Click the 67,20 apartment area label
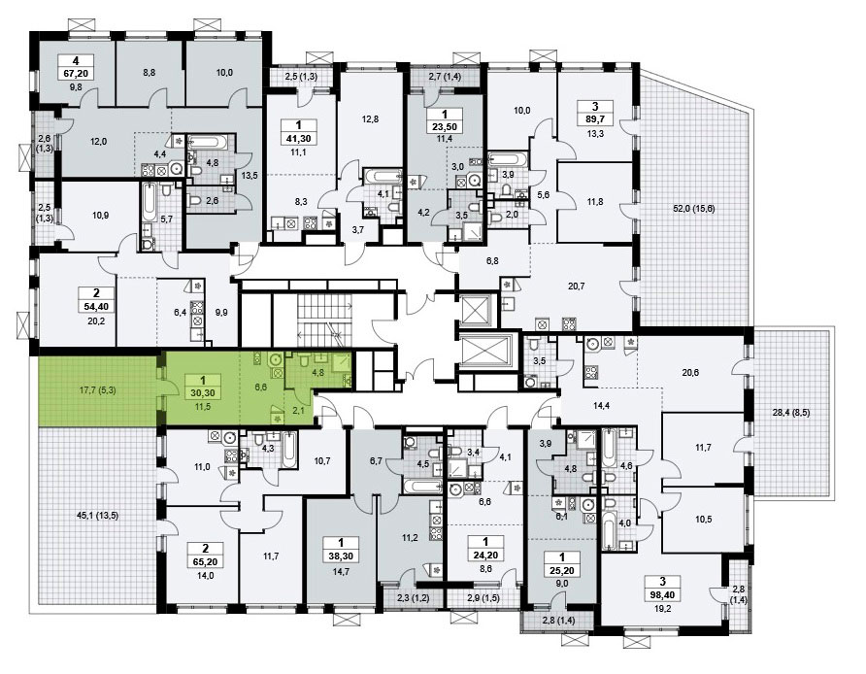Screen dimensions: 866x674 pyautogui.click(x=75, y=72)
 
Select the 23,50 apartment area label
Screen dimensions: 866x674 pyautogui.click(x=445, y=126)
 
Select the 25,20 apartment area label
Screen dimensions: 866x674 pyautogui.click(x=562, y=570)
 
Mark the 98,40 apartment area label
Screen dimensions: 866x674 pyautogui.click(x=663, y=594)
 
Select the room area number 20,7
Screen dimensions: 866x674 pyautogui.click(x=576, y=286)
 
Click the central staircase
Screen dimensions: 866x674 pyautogui.click(x=325, y=318)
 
